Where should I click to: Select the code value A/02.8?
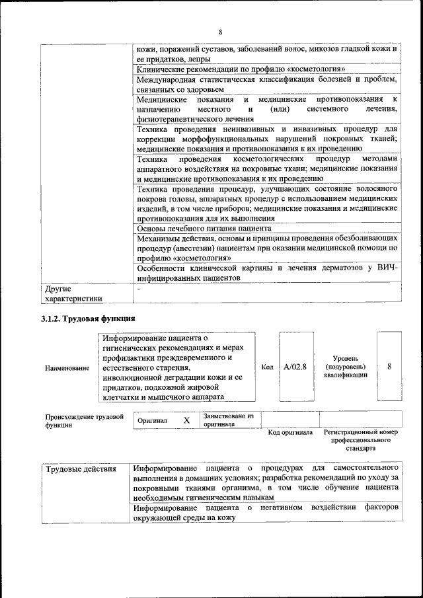pos(295,367)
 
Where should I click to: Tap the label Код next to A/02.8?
pos(267,367)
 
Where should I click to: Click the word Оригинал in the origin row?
pos(153,420)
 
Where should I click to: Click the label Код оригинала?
pos(290,433)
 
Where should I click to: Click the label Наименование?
pos(67,368)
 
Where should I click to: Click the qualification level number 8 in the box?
pos(390,366)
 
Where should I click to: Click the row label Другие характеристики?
pos(73,293)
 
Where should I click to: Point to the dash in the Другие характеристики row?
pos(137,289)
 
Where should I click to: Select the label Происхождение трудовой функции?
pos(85,421)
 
